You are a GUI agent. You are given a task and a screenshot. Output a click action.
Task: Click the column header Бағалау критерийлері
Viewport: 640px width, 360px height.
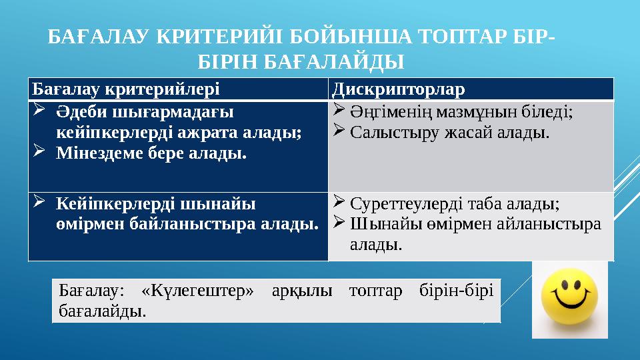[125, 89]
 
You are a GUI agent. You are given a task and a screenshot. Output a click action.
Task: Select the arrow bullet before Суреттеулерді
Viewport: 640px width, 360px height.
[337, 202]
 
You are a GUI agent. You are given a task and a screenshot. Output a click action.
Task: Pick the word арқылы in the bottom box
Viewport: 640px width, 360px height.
[300, 292]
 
